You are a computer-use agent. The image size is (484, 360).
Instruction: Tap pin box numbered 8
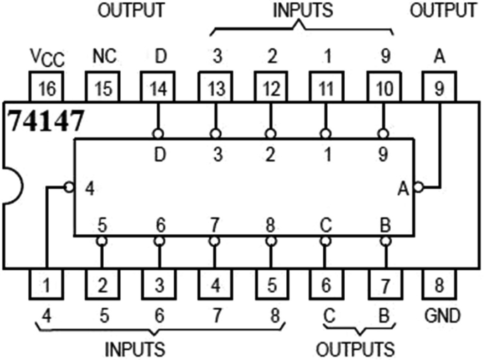point(440,286)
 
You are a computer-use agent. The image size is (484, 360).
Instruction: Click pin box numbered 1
point(45,286)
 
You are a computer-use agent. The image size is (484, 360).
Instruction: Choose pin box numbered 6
point(326,286)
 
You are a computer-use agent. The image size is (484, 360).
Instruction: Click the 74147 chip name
point(47,121)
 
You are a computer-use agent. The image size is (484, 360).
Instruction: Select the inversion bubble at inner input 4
point(69,187)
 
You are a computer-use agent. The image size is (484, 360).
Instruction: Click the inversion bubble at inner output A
point(418,187)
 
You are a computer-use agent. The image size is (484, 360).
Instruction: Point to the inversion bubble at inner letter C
point(326,241)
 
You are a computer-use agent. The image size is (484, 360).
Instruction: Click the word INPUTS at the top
point(302,11)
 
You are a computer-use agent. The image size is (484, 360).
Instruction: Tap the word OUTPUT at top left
point(131,11)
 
